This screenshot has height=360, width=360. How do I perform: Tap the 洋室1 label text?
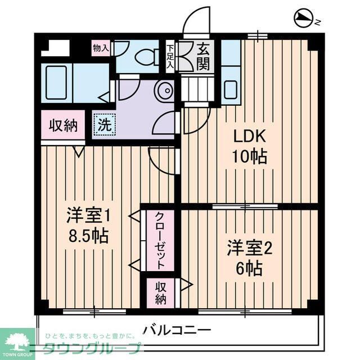87,215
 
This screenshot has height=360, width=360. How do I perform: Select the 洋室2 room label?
249,248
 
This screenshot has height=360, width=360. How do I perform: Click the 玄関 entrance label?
203,57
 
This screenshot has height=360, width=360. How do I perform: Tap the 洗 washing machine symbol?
104,124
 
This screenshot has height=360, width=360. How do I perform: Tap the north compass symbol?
304,20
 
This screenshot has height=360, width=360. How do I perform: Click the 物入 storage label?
101,48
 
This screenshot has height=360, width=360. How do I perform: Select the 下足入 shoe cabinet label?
170,57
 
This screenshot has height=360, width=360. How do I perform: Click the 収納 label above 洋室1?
62,125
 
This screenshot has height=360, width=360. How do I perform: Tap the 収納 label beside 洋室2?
161,292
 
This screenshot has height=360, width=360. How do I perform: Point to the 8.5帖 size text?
87,235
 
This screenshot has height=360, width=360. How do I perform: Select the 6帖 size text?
250,268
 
